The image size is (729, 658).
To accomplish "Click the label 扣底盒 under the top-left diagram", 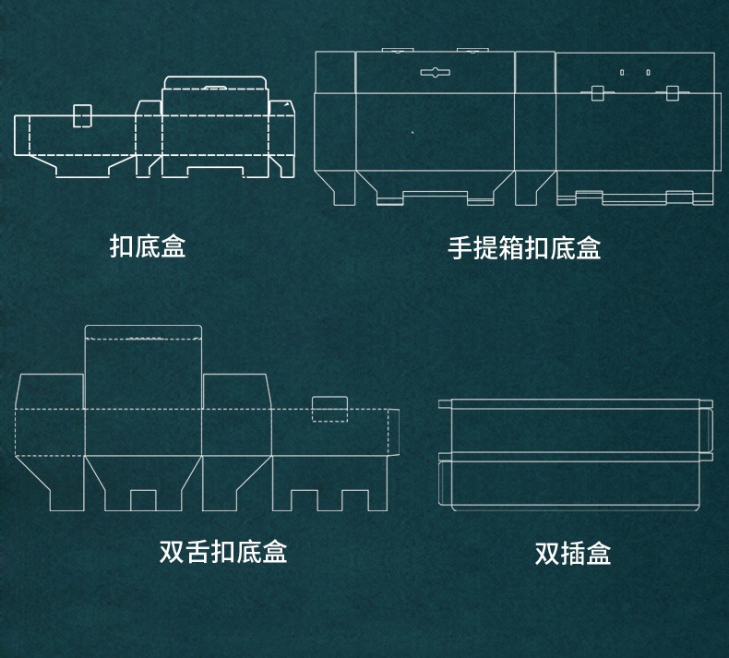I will (148, 246).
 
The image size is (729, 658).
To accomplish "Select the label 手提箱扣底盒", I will (524, 248).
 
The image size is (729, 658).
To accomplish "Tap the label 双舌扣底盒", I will (223, 552).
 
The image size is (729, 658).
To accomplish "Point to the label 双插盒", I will (573, 554).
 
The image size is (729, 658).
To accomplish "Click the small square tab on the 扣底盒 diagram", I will (82, 115).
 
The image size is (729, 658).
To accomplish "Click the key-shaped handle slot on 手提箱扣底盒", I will (435, 71).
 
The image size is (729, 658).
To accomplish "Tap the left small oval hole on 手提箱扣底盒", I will (622, 72).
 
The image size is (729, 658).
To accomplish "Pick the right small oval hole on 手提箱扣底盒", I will (648, 72).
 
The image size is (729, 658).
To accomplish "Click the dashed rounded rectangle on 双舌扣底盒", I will (329, 409).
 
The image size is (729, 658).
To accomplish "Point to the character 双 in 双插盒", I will (547, 554).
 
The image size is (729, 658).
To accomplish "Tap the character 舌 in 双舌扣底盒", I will (197, 552).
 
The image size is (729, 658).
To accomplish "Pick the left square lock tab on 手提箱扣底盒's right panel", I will (597, 92).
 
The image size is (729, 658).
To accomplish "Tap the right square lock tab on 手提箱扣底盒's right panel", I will (672, 92).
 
